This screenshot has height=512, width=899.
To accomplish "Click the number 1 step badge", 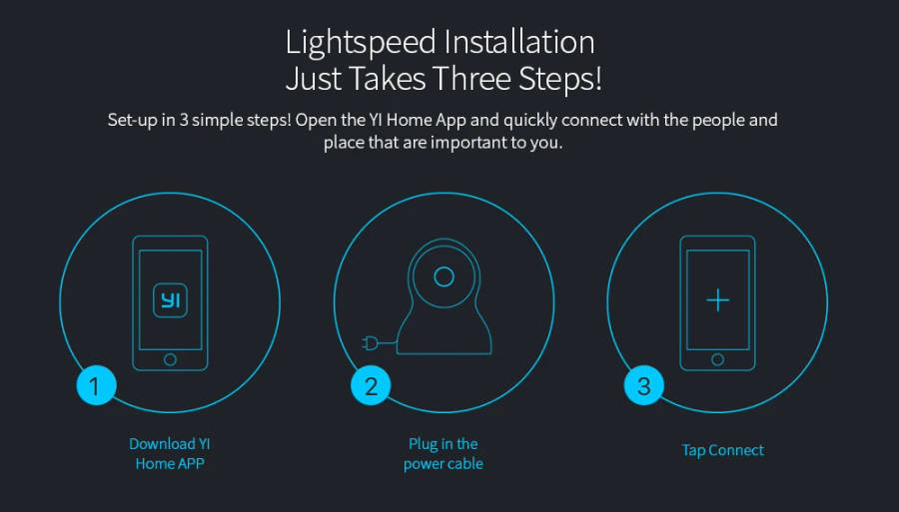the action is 96,385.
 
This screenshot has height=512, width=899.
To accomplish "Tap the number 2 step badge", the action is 371,385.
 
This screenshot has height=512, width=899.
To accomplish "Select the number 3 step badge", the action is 644,385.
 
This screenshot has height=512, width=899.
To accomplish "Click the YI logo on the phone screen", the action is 170,300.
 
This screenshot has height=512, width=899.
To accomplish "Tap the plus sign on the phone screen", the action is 718,300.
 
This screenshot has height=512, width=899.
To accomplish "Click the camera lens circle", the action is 444,276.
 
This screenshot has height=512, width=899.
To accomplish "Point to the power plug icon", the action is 370,343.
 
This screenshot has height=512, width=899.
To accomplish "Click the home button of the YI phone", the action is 170,359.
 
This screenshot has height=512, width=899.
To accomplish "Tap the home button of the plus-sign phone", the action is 718,359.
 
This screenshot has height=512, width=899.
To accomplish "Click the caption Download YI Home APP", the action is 170,453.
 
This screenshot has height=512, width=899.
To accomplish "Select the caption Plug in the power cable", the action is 444,453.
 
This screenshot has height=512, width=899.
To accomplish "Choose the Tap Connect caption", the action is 723,450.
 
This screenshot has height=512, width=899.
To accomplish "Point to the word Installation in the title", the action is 519,42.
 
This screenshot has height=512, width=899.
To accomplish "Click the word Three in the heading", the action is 470,79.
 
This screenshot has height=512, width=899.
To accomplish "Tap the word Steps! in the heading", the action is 560,80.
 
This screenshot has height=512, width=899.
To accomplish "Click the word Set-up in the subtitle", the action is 133,121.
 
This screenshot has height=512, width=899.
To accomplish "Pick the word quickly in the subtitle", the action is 530,121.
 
